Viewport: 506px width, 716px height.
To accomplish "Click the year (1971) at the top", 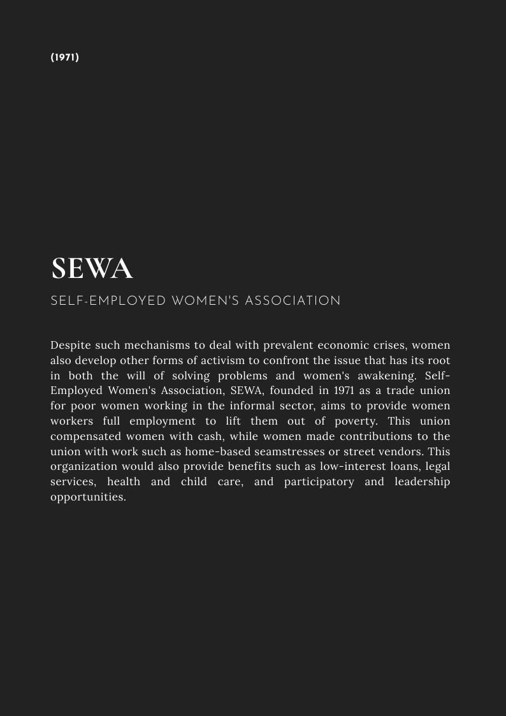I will (x=65, y=57).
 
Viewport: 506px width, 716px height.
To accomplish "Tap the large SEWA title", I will (x=92, y=269).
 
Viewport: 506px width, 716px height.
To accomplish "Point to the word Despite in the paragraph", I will (x=71, y=346).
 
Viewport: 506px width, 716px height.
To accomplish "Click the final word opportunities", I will (x=88, y=497).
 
